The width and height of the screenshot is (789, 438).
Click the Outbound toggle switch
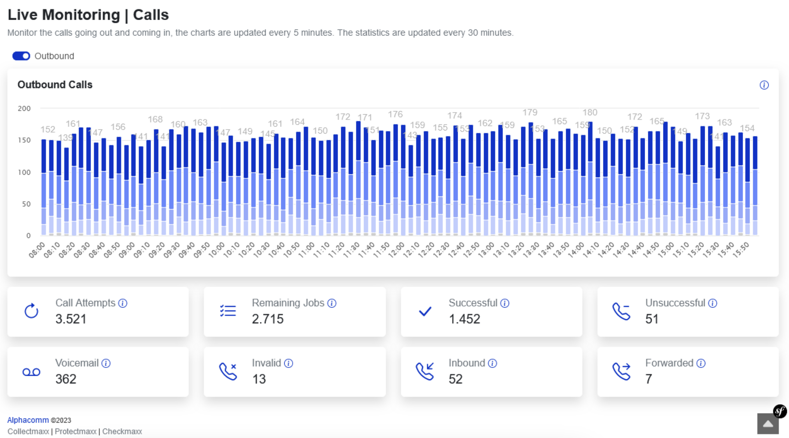tap(21, 56)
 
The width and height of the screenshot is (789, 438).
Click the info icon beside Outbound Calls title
tap(764, 85)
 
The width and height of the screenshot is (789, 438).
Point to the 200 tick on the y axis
tap(24, 109)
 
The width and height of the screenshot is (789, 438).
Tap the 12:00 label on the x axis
tap(397, 250)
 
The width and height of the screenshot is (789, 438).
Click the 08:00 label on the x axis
tap(37, 250)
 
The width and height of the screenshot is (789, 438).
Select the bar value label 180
tap(590, 112)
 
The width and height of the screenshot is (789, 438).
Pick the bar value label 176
tap(395, 114)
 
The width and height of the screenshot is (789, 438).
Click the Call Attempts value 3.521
tap(71, 319)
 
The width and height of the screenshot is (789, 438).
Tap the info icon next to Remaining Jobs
tap(332, 303)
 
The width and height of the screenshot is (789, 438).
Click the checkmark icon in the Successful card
tap(425, 311)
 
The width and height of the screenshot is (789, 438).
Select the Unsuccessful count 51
tap(652, 319)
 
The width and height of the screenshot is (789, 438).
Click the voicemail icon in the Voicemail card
tap(31, 372)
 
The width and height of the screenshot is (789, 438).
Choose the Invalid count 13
tap(259, 379)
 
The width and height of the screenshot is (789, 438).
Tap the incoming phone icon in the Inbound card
tap(425, 371)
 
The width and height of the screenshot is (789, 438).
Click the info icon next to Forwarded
tap(701, 363)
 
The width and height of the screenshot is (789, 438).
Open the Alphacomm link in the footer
tap(28, 420)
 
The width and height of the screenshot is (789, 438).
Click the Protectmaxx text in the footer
tap(75, 431)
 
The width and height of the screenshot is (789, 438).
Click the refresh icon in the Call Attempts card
tap(31, 311)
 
